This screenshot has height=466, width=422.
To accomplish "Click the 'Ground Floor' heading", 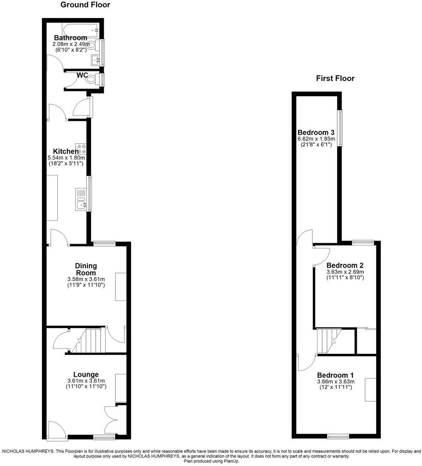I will (85, 5).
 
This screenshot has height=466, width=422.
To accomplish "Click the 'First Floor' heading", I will (335, 79).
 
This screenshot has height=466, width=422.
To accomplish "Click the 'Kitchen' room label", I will (66, 152).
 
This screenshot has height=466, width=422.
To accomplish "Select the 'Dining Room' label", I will (86, 270).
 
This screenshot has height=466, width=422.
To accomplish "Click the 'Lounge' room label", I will (86, 375).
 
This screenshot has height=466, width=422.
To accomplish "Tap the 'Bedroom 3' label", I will (316, 133).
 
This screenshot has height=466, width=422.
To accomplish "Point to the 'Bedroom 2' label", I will (345, 265).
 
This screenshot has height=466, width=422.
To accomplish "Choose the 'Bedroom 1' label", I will (335, 375).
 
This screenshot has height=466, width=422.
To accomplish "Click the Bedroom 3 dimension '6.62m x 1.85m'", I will (316, 139).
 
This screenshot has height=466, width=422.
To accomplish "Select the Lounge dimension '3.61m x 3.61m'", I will (86, 381).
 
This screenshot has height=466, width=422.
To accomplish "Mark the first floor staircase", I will (328, 340).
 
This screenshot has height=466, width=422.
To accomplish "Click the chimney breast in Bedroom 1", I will (371, 389).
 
